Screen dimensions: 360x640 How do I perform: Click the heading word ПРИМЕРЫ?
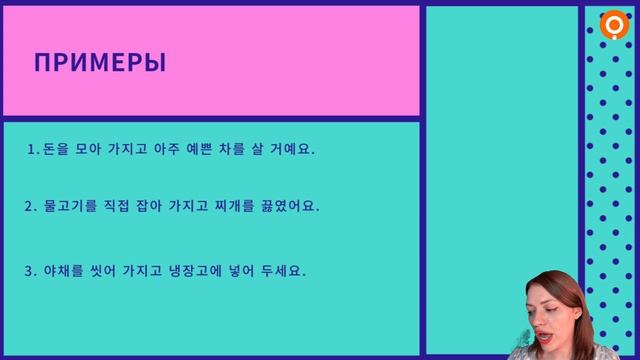tap(100, 63)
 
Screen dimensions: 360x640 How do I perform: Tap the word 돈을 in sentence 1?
tap(51, 149)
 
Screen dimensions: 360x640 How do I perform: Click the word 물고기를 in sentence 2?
tap(66, 206)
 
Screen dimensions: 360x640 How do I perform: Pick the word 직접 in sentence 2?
tap(116, 206)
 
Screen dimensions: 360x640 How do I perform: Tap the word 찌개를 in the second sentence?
tap(236, 206)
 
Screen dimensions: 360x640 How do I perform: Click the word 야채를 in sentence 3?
tap(59, 271)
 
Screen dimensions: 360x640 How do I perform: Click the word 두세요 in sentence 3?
tap(287, 271)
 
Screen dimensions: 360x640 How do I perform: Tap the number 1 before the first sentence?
tap(32, 149)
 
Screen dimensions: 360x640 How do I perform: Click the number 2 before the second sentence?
tap(29, 206)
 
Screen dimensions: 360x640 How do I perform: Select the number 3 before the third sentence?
tap(29, 271)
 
